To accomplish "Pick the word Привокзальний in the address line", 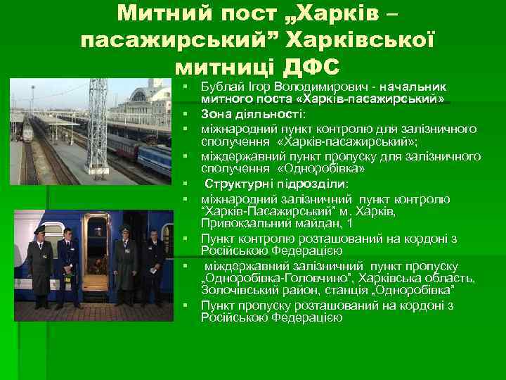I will coord(241,224).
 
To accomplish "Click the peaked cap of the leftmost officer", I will coord(37,229).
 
